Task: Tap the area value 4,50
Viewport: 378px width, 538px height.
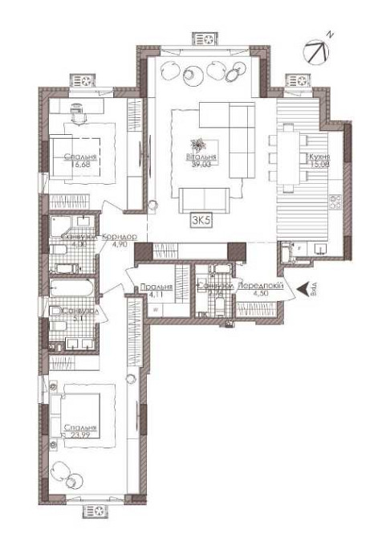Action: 259,294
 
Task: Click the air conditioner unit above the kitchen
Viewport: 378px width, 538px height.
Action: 299,80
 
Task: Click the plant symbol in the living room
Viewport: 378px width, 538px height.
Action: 193,145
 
